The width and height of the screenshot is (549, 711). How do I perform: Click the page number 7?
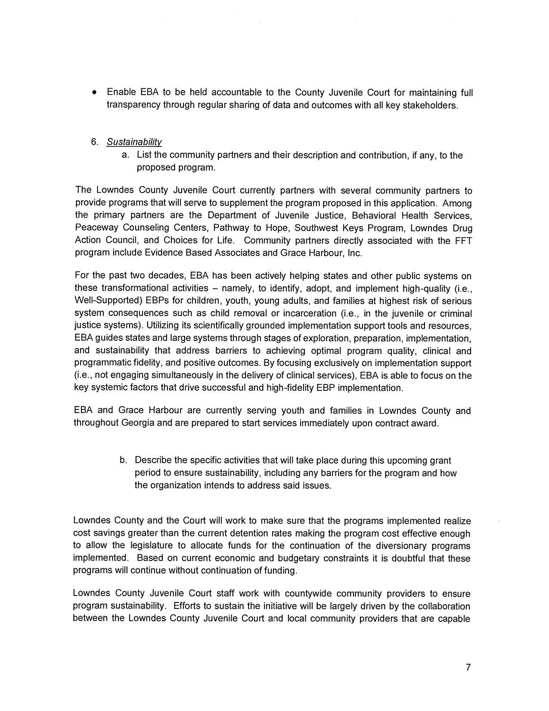(x=468, y=668)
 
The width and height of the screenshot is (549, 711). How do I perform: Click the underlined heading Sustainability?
(x=134, y=142)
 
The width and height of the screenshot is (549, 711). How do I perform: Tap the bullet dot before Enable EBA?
(x=94, y=93)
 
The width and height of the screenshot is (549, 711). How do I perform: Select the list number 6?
(x=95, y=142)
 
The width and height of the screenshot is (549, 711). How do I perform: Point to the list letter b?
(x=123, y=460)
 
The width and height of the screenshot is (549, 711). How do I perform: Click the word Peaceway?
(x=93, y=228)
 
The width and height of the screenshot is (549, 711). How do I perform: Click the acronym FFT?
(x=463, y=240)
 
